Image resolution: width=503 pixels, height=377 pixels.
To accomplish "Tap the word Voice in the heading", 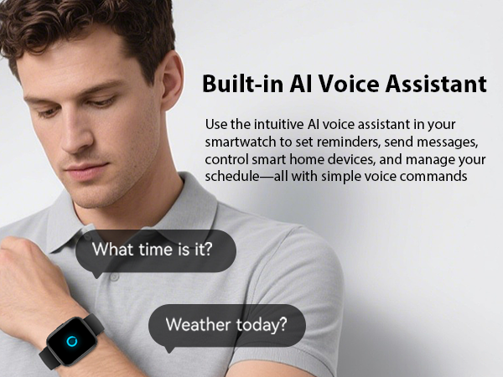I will pos(349,85).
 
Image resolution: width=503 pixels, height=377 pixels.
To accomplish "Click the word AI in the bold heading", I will pos(302,85).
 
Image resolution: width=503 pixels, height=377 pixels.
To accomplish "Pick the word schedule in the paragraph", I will pos(236,176).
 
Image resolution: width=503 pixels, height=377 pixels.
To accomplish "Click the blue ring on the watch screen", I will pos(71,341).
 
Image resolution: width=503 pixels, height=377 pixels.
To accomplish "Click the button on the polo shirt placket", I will pos(114,276).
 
